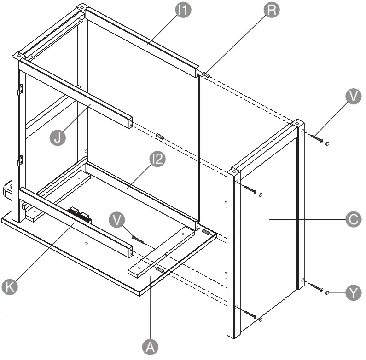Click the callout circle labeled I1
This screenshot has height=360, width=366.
[x=183, y=11]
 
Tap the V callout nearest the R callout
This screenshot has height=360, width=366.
[x=353, y=97]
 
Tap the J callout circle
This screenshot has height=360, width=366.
[x=58, y=137]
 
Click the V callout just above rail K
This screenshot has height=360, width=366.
[x=118, y=219]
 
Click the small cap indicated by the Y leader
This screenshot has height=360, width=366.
[x=327, y=292]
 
